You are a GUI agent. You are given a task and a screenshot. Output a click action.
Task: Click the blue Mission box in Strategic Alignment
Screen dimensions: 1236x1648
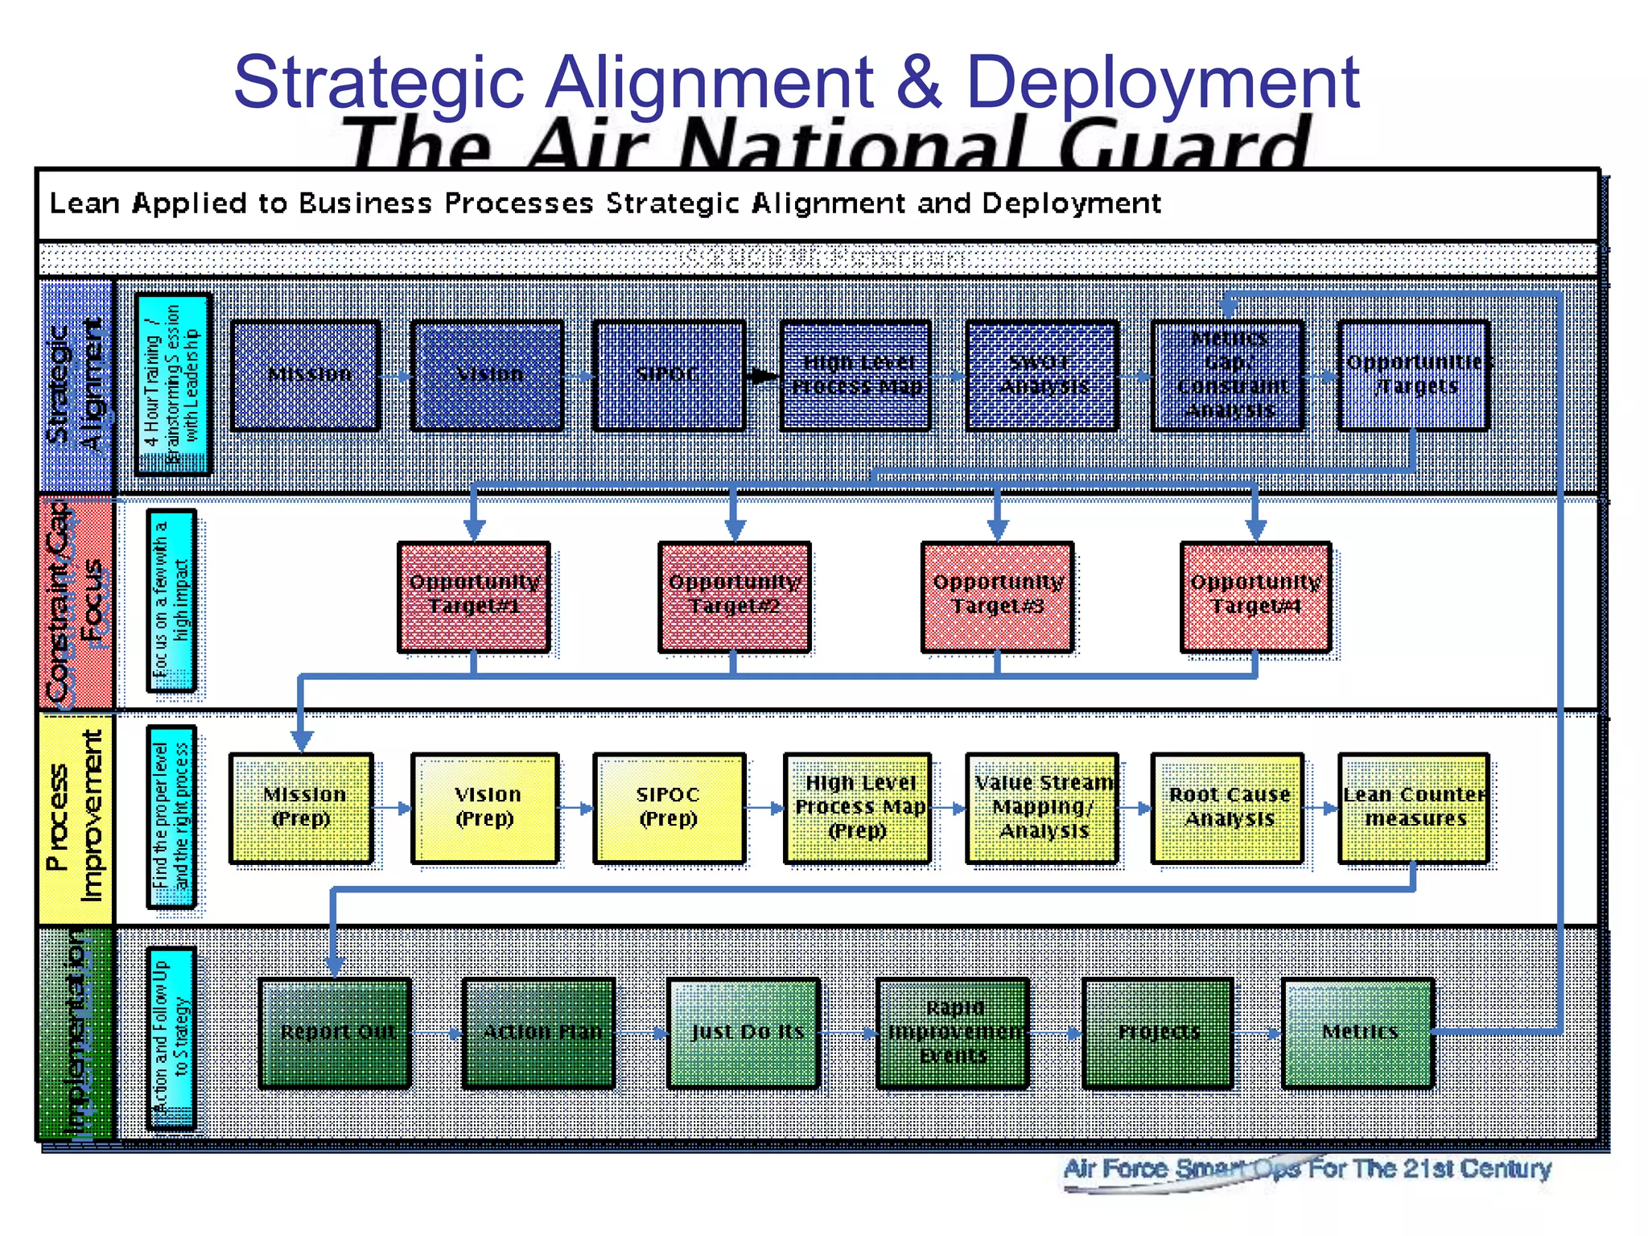[x=306, y=376]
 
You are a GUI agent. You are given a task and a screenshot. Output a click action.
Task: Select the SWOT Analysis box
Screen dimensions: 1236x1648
[x=1041, y=376]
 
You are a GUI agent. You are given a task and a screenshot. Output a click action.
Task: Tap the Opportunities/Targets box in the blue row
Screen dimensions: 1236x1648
[x=1413, y=376]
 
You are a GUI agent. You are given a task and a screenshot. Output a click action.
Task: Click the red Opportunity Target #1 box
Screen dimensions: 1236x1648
[x=474, y=596]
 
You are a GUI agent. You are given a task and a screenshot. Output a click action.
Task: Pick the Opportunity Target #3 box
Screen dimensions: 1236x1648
[x=997, y=596]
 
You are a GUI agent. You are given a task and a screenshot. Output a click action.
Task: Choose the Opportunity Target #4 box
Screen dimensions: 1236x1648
[x=1255, y=596]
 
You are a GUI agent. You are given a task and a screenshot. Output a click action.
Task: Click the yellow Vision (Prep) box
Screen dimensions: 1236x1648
[x=485, y=808]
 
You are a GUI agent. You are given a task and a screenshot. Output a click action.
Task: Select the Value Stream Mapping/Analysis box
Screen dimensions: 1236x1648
[x=1042, y=808]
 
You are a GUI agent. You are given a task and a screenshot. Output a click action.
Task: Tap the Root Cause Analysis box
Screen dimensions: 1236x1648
[x=1227, y=808]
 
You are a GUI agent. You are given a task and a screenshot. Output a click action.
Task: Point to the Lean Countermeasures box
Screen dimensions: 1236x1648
[x=1414, y=808]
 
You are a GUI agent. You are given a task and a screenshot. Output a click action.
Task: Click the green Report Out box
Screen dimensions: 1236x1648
[x=335, y=1032]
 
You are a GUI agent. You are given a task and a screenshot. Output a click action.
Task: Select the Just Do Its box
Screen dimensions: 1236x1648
[x=744, y=1032]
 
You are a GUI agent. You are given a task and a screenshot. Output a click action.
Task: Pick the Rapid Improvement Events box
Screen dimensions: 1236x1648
[x=953, y=1032]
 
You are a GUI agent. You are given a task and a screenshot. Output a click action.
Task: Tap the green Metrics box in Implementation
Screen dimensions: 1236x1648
[x=1358, y=1032]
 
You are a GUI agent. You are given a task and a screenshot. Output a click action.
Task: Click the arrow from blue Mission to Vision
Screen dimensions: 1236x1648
[x=395, y=376]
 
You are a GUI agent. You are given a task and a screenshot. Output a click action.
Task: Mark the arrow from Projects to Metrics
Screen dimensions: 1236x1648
[x=1257, y=1033]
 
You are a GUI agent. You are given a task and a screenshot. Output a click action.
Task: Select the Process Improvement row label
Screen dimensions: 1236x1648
[x=76, y=818]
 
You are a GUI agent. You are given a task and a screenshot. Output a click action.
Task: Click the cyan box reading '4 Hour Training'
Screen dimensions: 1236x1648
[x=173, y=385]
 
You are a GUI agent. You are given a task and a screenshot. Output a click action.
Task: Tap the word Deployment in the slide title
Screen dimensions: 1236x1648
[x=1162, y=82]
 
